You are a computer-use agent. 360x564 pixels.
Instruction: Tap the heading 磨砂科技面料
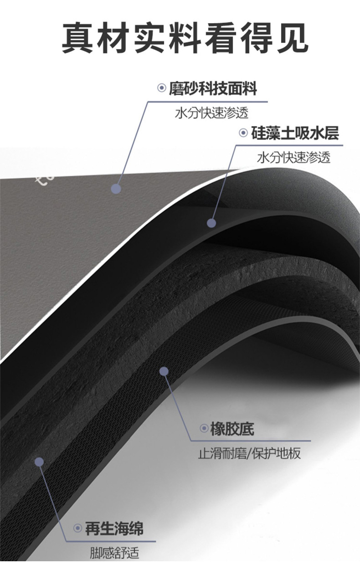click(213, 88)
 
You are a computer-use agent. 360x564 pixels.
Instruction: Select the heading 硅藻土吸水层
click(295, 133)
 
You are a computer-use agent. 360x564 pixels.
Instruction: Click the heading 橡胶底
click(232, 429)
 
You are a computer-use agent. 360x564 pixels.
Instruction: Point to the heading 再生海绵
click(114, 529)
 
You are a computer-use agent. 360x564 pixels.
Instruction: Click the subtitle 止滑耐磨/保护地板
click(249, 454)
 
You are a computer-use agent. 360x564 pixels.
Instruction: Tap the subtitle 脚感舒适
click(114, 554)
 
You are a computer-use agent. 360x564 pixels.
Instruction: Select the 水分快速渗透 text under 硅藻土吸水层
click(294, 158)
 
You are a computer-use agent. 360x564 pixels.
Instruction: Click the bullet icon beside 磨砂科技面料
click(161, 88)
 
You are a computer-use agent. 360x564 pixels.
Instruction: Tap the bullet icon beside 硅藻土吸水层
click(243, 133)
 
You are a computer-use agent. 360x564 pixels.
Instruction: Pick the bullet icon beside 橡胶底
click(204, 429)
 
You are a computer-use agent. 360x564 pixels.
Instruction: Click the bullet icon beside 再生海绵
click(78, 529)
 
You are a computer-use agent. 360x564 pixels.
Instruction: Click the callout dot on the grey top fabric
click(116, 189)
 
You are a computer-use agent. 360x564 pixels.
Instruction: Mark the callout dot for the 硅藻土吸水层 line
click(211, 223)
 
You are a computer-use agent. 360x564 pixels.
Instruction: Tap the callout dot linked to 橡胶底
click(164, 371)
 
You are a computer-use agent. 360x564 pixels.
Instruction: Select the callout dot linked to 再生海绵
click(39, 462)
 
